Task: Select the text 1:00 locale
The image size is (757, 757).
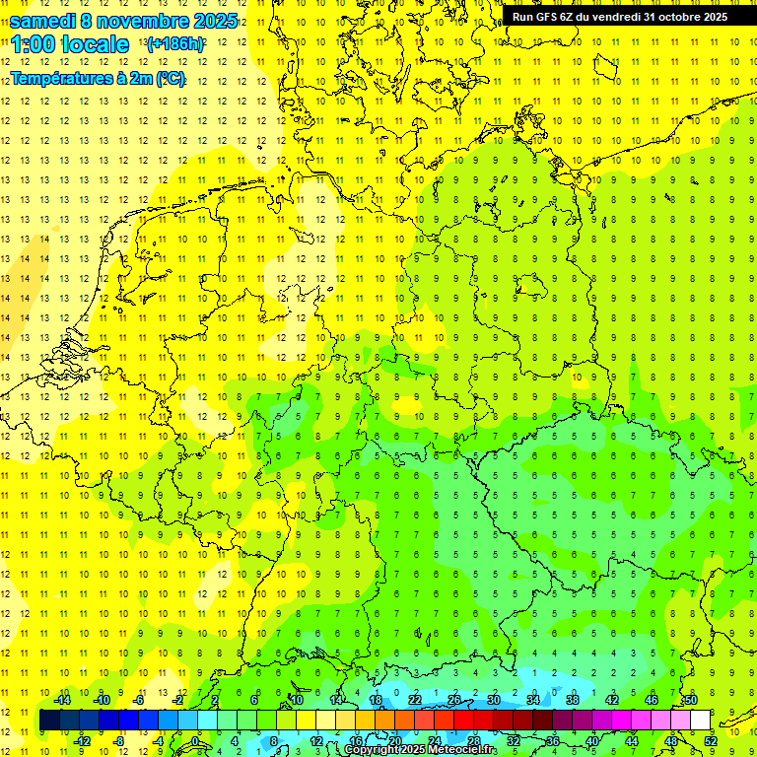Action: [70, 44]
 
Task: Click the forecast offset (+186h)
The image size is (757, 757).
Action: [175, 44]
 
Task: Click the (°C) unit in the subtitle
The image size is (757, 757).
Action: [170, 79]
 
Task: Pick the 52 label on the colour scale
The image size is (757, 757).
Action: [711, 741]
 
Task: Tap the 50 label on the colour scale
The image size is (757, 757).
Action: [691, 699]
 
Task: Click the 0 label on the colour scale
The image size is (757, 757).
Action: [195, 741]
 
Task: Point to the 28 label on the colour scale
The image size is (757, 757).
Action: [473, 741]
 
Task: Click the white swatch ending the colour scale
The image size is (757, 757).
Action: [700, 721]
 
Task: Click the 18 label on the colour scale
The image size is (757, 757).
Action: [376, 699]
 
